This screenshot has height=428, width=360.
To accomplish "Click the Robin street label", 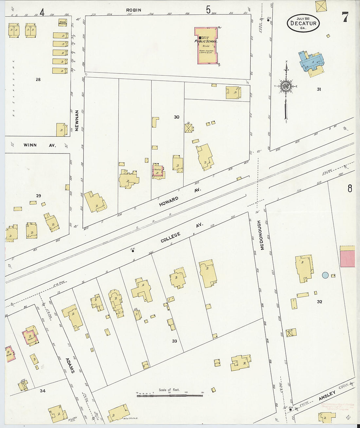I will (x=134, y=10).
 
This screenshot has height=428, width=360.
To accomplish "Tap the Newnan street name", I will (x=77, y=121).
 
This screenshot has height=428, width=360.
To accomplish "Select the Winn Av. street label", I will (x=40, y=145).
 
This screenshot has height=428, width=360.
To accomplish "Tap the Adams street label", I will (x=70, y=365).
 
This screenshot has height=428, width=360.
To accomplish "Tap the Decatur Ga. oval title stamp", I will (x=303, y=23).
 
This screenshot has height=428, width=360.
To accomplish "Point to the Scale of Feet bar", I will (x=170, y=396).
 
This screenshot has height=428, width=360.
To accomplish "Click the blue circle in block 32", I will (x=325, y=275).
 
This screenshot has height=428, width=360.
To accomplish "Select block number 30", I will (x=176, y=117).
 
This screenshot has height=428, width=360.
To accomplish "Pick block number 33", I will (x=174, y=341).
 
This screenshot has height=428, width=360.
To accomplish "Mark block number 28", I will (x=38, y=79).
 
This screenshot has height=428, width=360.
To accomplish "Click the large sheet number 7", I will (x=345, y=17).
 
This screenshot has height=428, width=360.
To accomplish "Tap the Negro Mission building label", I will (x=63, y=23).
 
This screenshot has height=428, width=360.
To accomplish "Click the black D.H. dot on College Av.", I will (x=133, y=252).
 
